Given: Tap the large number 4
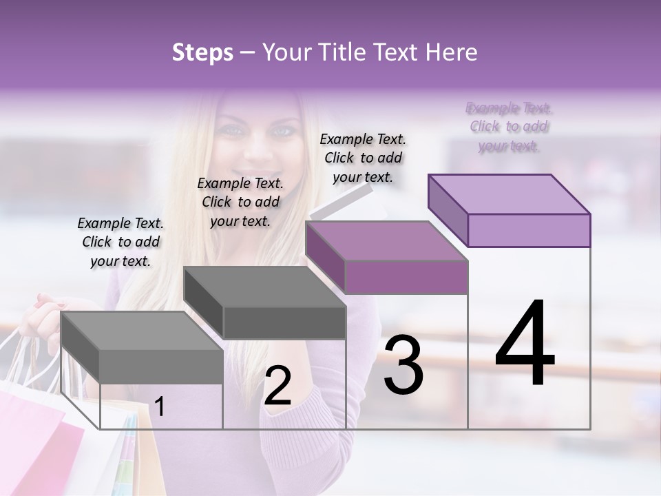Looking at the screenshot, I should click(x=525, y=344).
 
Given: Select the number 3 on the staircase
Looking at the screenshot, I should click(x=403, y=366).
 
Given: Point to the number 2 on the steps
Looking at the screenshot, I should click(x=277, y=386).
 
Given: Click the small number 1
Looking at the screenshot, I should click(x=160, y=407).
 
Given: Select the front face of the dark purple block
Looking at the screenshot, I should click(x=405, y=277).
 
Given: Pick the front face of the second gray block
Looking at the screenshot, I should click(x=284, y=322).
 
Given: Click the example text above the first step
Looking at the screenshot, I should click(x=120, y=242).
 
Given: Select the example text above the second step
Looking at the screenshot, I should click(x=240, y=202).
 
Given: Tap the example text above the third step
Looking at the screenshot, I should click(x=363, y=158).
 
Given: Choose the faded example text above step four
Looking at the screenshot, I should click(x=510, y=127).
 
